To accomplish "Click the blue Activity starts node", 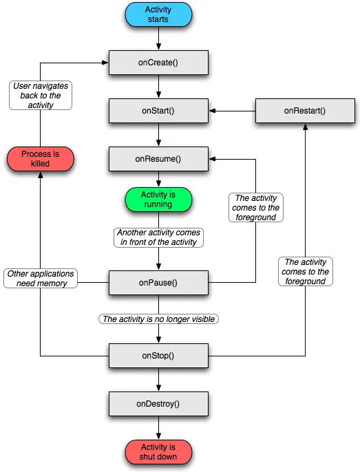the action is [x=158, y=14].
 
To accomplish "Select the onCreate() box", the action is [x=158, y=63].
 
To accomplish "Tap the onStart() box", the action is [x=158, y=111].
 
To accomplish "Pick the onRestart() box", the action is [x=305, y=111].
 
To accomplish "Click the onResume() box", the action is [x=158, y=159].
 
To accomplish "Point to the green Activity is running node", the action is [x=158, y=200].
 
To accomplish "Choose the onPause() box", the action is [x=158, y=283].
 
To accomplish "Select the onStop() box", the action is [x=158, y=356].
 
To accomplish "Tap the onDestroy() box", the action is [x=158, y=404].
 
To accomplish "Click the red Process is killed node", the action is [x=41, y=159].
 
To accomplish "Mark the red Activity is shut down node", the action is [x=158, y=452].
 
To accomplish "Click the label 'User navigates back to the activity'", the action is [x=41, y=96].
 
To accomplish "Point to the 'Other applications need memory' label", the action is [x=41, y=279].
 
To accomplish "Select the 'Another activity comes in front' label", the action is [x=158, y=237].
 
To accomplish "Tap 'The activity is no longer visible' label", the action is [x=158, y=319].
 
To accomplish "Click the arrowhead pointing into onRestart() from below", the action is [x=305, y=127].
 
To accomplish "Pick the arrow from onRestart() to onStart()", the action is [x=232, y=111].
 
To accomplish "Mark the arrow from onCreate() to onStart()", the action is [x=158, y=87].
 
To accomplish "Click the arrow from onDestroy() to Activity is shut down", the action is [x=158, y=428].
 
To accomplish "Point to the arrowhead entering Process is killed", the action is [x=41, y=175].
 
